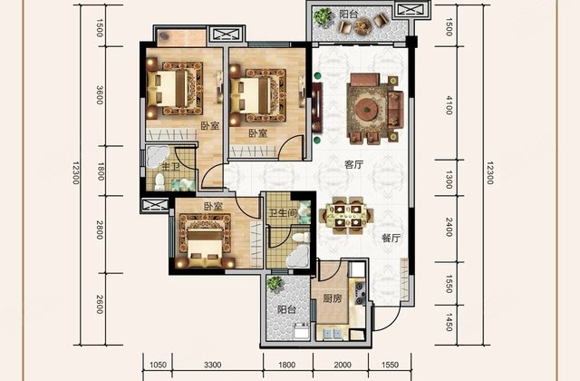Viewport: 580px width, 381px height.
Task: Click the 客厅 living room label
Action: [x=353, y=165]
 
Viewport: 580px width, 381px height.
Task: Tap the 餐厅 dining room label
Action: [x=391, y=238]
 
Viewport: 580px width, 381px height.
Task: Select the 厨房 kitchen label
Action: [x=333, y=298]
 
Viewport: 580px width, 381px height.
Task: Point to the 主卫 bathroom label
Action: [x=170, y=166]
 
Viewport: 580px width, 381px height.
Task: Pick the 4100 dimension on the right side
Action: [x=449, y=105]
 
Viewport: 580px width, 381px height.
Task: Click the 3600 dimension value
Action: [x=100, y=94]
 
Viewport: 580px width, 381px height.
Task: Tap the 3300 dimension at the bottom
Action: [x=213, y=365]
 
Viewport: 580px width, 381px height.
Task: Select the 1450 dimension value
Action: [x=449, y=322]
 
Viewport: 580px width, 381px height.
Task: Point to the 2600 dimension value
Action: [x=100, y=305]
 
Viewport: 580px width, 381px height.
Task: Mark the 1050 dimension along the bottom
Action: [x=158, y=365]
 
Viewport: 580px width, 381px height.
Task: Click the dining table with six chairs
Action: [x=346, y=216]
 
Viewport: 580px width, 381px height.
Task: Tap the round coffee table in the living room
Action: [x=366, y=109]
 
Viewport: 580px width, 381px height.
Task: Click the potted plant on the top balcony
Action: [x=323, y=17]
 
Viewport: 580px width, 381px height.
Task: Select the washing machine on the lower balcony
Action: [x=301, y=330]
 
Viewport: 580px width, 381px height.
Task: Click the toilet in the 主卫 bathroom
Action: [x=159, y=181]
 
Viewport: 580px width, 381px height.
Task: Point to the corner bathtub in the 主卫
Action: [x=158, y=157]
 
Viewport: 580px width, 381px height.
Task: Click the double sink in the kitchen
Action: [x=333, y=333]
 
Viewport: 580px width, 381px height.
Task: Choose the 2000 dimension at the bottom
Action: [x=343, y=365]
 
